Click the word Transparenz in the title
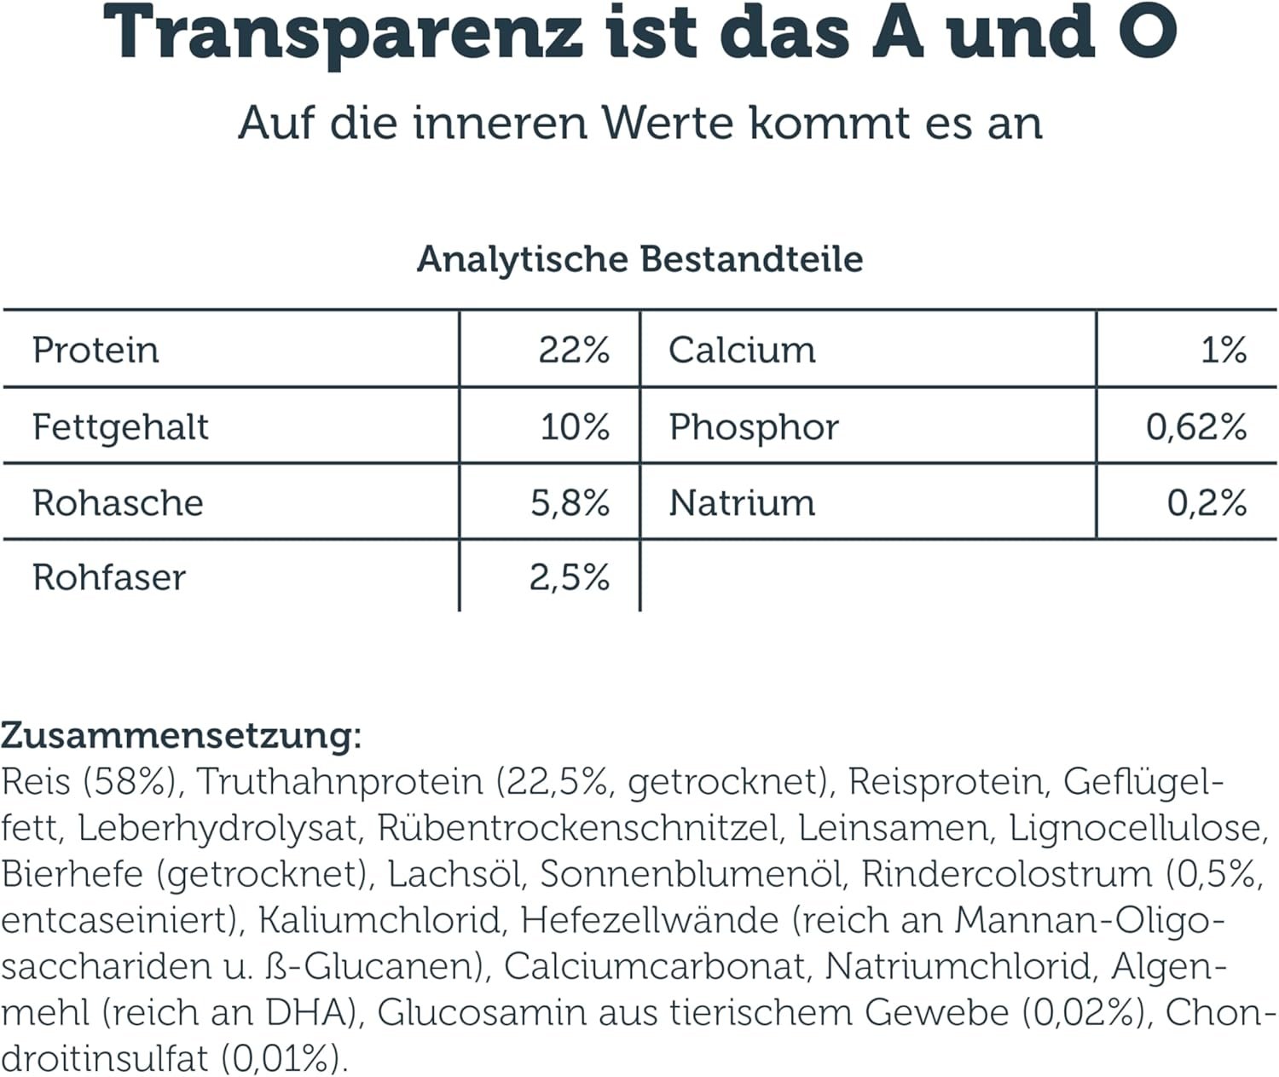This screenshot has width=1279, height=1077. pyautogui.click(x=344, y=34)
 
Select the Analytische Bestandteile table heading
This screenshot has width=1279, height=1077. pyautogui.click(x=639, y=259)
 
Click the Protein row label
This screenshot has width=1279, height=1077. pyautogui.click(x=95, y=350)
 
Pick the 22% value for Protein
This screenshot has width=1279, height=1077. pyautogui.click(x=574, y=350)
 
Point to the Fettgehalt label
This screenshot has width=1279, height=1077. pyautogui.click(x=120, y=427)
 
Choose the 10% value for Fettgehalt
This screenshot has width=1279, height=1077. pyautogui.click(x=575, y=427)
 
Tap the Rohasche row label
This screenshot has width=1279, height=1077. pyautogui.click(x=118, y=503)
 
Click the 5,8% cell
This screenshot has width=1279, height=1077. pyautogui.click(x=570, y=503)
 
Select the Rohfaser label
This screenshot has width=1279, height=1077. pyautogui.click(x=109, y=578)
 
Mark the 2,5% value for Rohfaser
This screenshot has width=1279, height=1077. pyautogui.click(x=569, y=578)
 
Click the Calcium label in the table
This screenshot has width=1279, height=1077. pyautogui.click(x=742, y=350)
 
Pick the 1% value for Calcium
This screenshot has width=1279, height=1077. pyautogui.click(x=1224, y=350)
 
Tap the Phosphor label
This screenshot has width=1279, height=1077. pyautogui.click(x=754, y=427)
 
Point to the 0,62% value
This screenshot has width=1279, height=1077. pyautogui.click(x=1196, y=427)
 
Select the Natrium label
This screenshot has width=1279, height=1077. pyautogui.click(x=742, y=503)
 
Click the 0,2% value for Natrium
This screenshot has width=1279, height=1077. pyautogui.click(x=1207, y=503)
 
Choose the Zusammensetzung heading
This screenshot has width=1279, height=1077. pyautogui.click(x=182, y=735)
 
